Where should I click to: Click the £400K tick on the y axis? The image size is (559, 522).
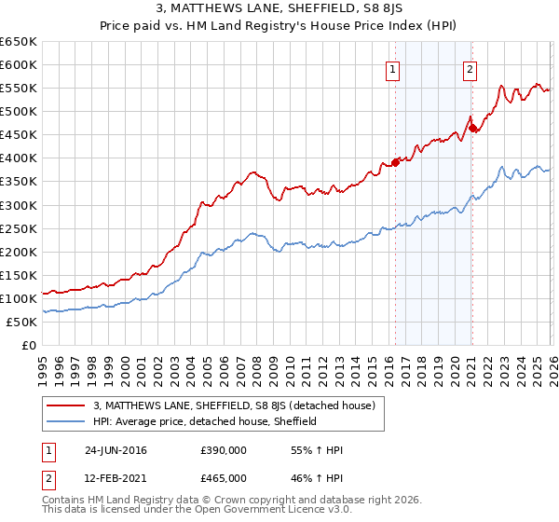(18, 158)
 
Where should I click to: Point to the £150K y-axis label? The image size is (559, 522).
(18, 275)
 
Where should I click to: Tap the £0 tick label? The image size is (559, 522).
(27, 346)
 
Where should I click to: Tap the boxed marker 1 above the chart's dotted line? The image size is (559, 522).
(393, 69)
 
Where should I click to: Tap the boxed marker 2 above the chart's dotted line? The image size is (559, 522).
(470, 69)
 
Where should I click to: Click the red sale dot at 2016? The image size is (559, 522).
(395, 162)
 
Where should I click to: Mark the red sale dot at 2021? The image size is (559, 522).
(472, 128)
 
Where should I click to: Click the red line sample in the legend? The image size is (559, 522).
(67, 405)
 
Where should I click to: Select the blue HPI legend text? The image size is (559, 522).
(205, 421)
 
